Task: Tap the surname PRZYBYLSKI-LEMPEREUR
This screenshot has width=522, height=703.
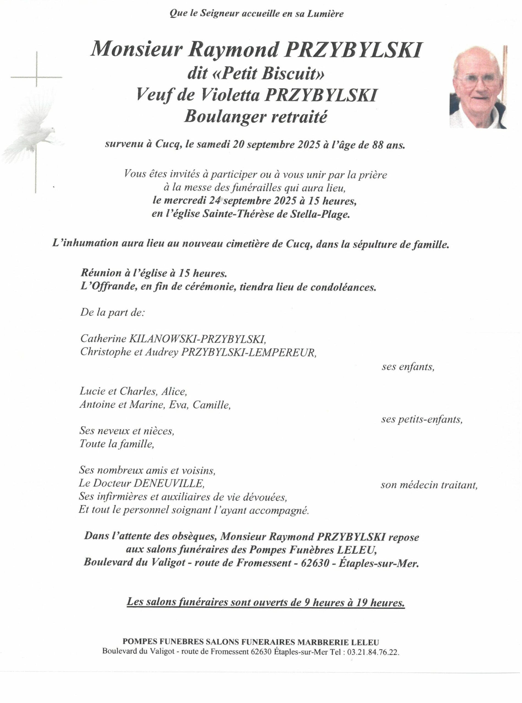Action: point(248,352)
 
